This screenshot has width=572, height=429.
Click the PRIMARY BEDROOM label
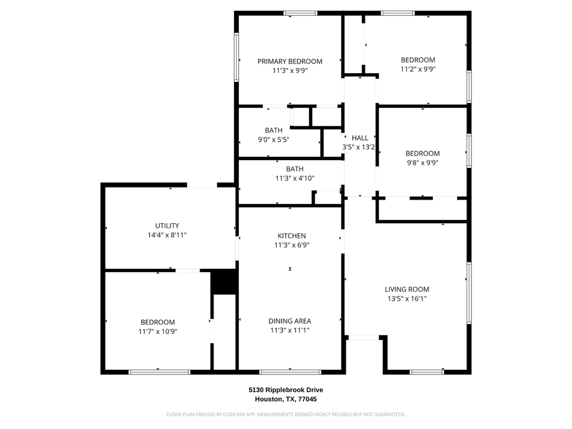(289, 62)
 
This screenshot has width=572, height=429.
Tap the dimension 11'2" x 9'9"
(418, 69)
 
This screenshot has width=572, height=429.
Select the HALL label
(360, 138)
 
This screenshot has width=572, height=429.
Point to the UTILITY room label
(167, 226)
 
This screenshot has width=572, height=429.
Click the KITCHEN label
(291, 236)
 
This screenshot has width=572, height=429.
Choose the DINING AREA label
(289, 321)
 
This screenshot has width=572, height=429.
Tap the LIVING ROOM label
(407, 289)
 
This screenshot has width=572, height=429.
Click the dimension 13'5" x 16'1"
(407, 299)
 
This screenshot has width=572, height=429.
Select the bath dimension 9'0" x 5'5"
(274, 140)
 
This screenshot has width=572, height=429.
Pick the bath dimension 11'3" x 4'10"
(294, 179)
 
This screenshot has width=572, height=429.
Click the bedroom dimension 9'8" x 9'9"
(423, 163)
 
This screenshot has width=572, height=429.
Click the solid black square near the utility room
(223, 282)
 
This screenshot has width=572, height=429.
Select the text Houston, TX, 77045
(285, 399)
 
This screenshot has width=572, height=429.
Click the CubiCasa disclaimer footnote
(285, 414)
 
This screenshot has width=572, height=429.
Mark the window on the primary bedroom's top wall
(300, 13)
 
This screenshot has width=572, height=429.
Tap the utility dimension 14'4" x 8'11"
(167, 235)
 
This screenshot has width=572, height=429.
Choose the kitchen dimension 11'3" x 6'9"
(291, 245)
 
